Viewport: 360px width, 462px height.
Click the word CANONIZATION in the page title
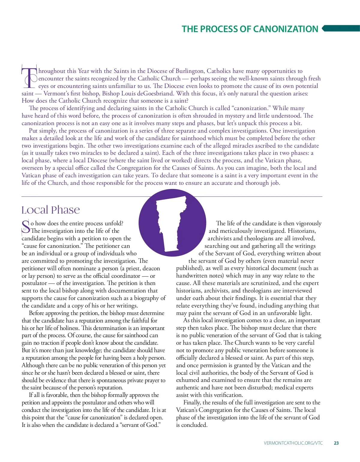click(x=286, y=29)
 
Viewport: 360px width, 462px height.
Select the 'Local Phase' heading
click(x=51, y=210)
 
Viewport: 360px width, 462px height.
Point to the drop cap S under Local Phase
click(x=26, y=227)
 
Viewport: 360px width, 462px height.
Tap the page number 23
click(x=336, y=443)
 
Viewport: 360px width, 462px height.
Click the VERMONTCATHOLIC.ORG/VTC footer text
click(x=293, y=443)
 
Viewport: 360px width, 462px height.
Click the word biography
click(x=145, y=298)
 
